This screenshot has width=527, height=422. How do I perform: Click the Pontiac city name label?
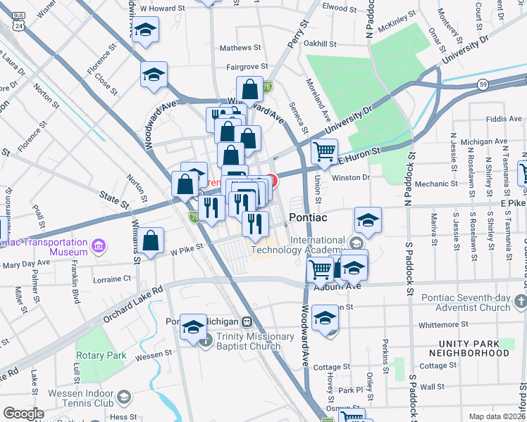point(307,219)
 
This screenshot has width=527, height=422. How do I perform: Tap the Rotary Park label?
point(101,355)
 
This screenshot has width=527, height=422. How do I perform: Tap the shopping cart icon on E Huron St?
point(324,151)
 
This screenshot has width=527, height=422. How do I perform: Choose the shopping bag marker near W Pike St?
point(151,241)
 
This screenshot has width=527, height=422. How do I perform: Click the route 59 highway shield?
point(483,84)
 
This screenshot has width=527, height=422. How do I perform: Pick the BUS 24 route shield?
point(19,21)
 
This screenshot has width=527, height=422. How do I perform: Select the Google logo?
point(23,414)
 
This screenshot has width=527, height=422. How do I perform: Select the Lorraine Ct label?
point(112,279)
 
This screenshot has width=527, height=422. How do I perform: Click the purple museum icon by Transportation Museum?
point(99,247)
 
